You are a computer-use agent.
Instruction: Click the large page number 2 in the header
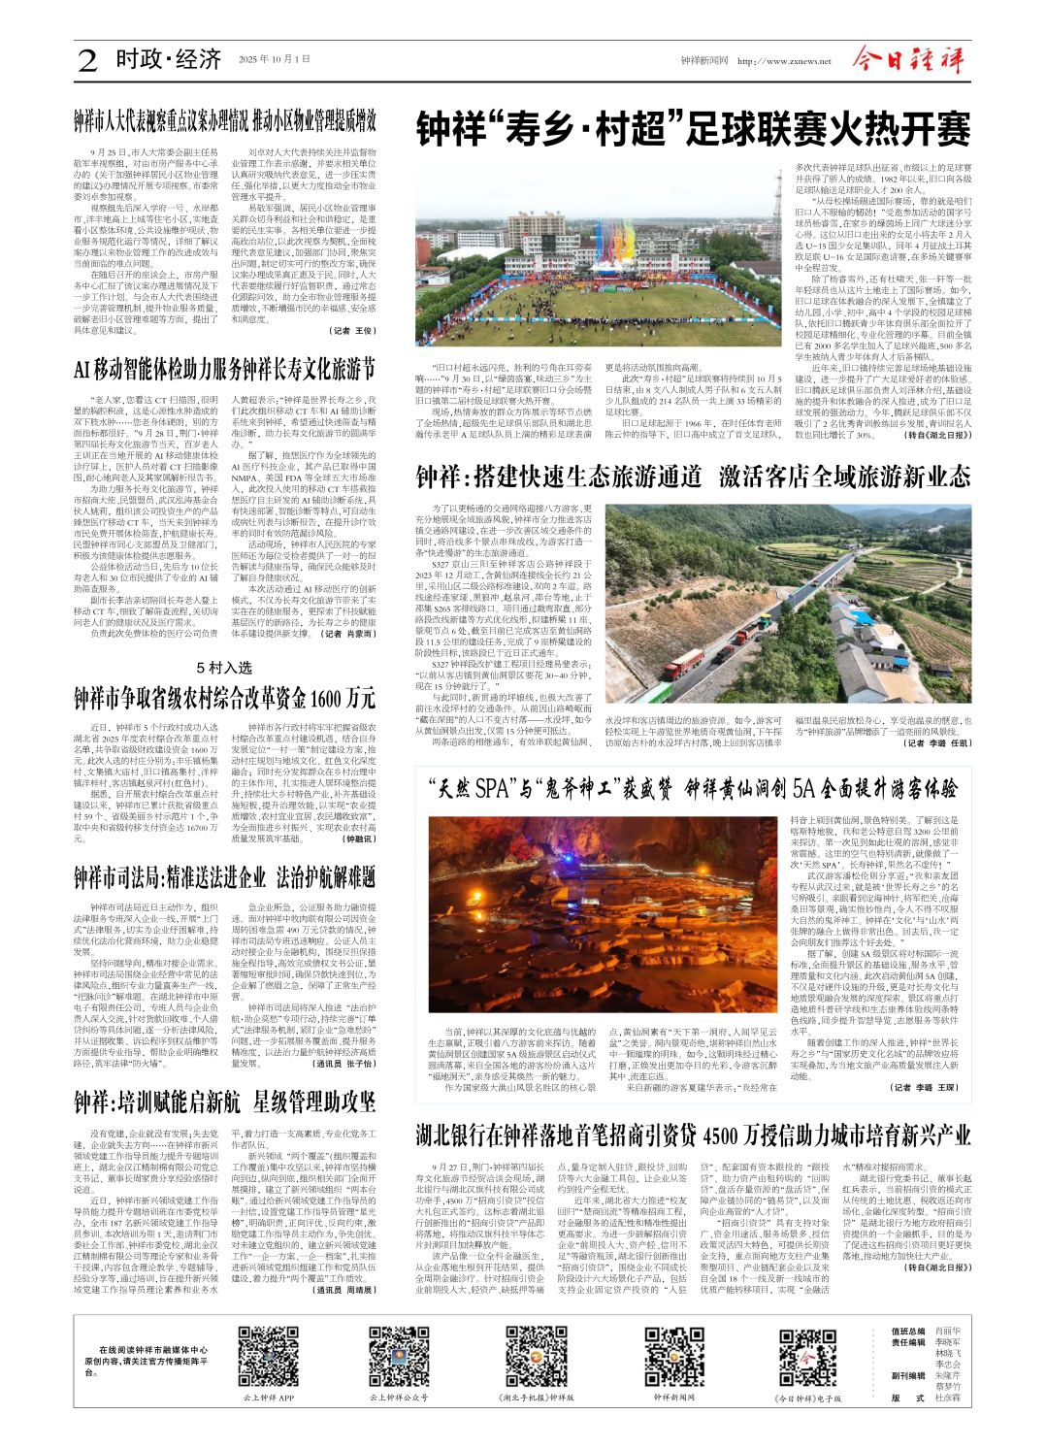[88, 60]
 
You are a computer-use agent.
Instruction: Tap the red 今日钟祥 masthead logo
[908, 59]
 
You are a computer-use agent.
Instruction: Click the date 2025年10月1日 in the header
[275, 60]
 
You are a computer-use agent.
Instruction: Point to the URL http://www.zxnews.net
[784, 61]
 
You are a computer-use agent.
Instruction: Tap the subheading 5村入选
[224, 668]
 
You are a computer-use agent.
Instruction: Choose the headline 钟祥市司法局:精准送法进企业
[224, 878]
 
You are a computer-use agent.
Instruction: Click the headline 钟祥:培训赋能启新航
[224, 1102]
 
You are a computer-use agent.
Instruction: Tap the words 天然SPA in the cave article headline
[474, 787]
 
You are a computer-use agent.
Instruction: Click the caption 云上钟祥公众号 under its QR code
[398, 1398]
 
